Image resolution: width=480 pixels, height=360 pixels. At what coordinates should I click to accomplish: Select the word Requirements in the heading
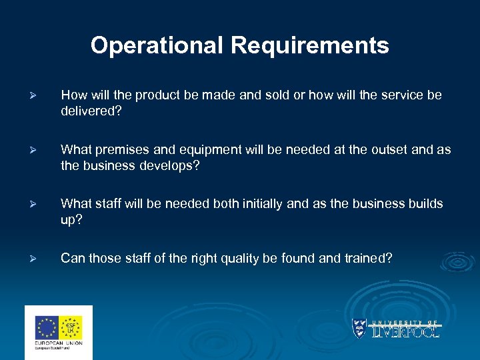point(310,46)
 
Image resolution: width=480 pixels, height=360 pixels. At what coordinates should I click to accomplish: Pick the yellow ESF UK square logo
point(71,327)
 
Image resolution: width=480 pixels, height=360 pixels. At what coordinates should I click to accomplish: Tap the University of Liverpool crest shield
point(359,329)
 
